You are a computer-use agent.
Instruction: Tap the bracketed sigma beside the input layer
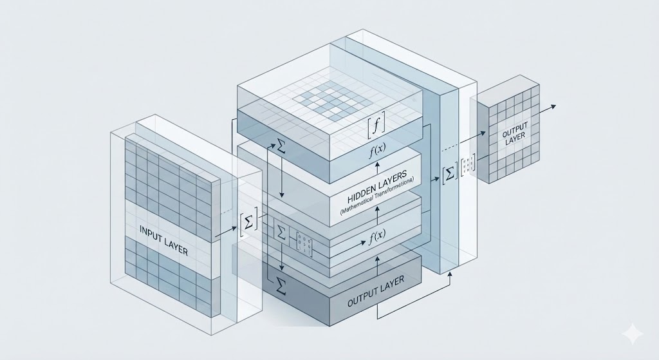pos(248,221)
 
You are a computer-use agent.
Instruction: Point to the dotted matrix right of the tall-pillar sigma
pos(468,163)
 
